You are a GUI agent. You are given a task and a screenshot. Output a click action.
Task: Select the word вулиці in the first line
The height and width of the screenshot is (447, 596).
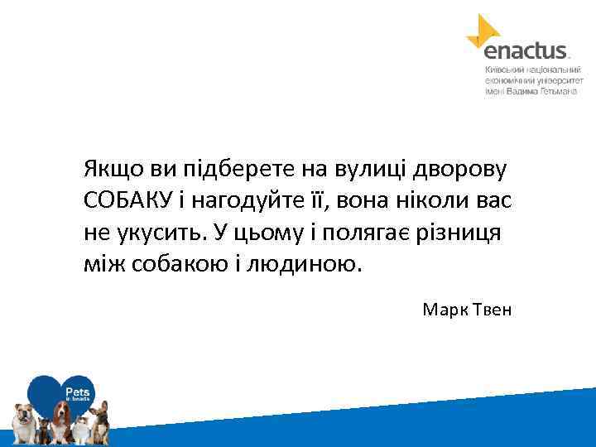coord(367,169)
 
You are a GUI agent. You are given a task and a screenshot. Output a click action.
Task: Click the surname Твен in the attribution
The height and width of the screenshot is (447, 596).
coord(492,310)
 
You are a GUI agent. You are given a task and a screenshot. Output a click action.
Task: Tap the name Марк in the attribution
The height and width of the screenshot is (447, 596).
coord(445,310)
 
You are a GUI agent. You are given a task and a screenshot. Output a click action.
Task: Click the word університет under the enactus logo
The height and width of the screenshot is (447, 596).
coord(557,81)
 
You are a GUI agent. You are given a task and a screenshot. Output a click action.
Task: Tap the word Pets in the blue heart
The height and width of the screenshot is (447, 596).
coord(78,389)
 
